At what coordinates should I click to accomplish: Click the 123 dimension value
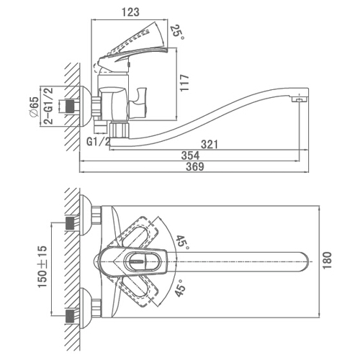pos(130,12)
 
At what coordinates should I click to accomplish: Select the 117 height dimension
pos(184,83)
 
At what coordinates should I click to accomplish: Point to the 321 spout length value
pos(210,145)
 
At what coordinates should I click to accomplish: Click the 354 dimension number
pos(190,156)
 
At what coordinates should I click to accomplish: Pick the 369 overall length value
pos(195,166)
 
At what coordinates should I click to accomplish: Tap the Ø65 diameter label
pos(34,107)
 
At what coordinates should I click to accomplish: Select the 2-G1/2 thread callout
pos(48,106)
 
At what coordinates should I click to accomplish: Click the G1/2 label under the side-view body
pos(98,142)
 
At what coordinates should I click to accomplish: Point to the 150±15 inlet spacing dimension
pos(42,266)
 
